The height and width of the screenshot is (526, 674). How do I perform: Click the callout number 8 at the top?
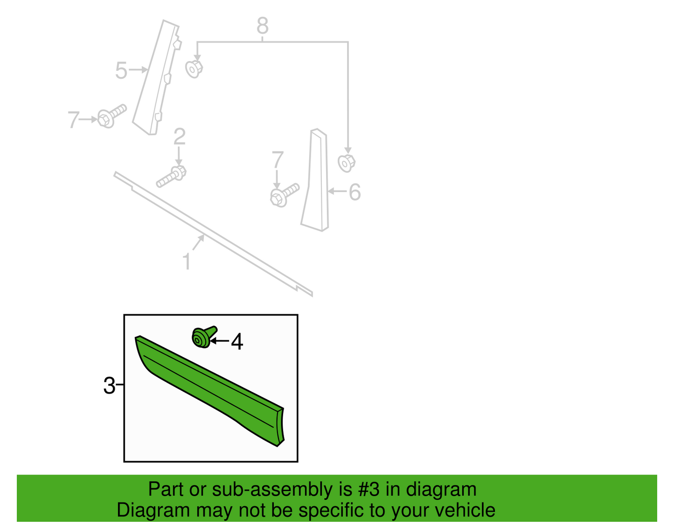pos(263,26)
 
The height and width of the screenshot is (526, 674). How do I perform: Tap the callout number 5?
pos(121,70)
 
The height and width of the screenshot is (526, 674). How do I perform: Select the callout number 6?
pos(355,192)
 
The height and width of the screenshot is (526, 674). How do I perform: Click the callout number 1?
pos(187,261)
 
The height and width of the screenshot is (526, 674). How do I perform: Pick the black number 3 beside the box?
pos(109,386)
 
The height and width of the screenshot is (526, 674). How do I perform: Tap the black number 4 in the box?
pos(237,342)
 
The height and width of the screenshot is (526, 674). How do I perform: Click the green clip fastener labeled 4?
pos(203,337)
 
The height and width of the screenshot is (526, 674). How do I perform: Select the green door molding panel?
pos(210,391)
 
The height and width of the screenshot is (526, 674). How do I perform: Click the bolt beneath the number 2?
pos(172,177)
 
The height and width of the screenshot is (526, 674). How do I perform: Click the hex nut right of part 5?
pos(194,69)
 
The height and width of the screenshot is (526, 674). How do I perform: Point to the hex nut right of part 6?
pos(347,163)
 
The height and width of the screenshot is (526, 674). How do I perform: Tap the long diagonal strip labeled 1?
pos(214,234)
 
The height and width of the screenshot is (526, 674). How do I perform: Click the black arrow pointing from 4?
pos(220,341)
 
